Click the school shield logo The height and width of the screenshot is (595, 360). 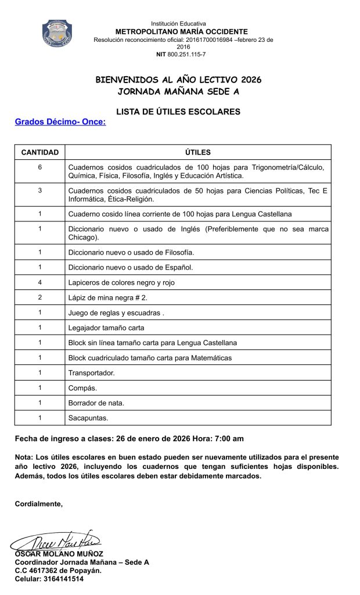pos(57,33)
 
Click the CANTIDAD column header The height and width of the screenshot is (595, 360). pos(40,152)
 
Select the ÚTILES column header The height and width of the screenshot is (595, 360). pos(197,152)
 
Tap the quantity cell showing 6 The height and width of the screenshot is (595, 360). pos(40,167)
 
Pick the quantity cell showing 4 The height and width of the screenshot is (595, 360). pos(40,282)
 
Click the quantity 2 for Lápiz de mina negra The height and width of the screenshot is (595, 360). pos(40,297)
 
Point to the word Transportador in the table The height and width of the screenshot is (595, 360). pos(91,372)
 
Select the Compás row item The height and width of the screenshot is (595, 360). pos(82,388)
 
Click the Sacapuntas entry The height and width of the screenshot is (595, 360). pos(88,417)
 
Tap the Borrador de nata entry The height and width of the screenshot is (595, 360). pos(96,403)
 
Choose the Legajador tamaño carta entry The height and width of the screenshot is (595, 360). pos(106,328)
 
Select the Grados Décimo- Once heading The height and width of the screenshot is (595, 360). pos(60,122)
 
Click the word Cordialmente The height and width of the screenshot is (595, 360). pos(39,504)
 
